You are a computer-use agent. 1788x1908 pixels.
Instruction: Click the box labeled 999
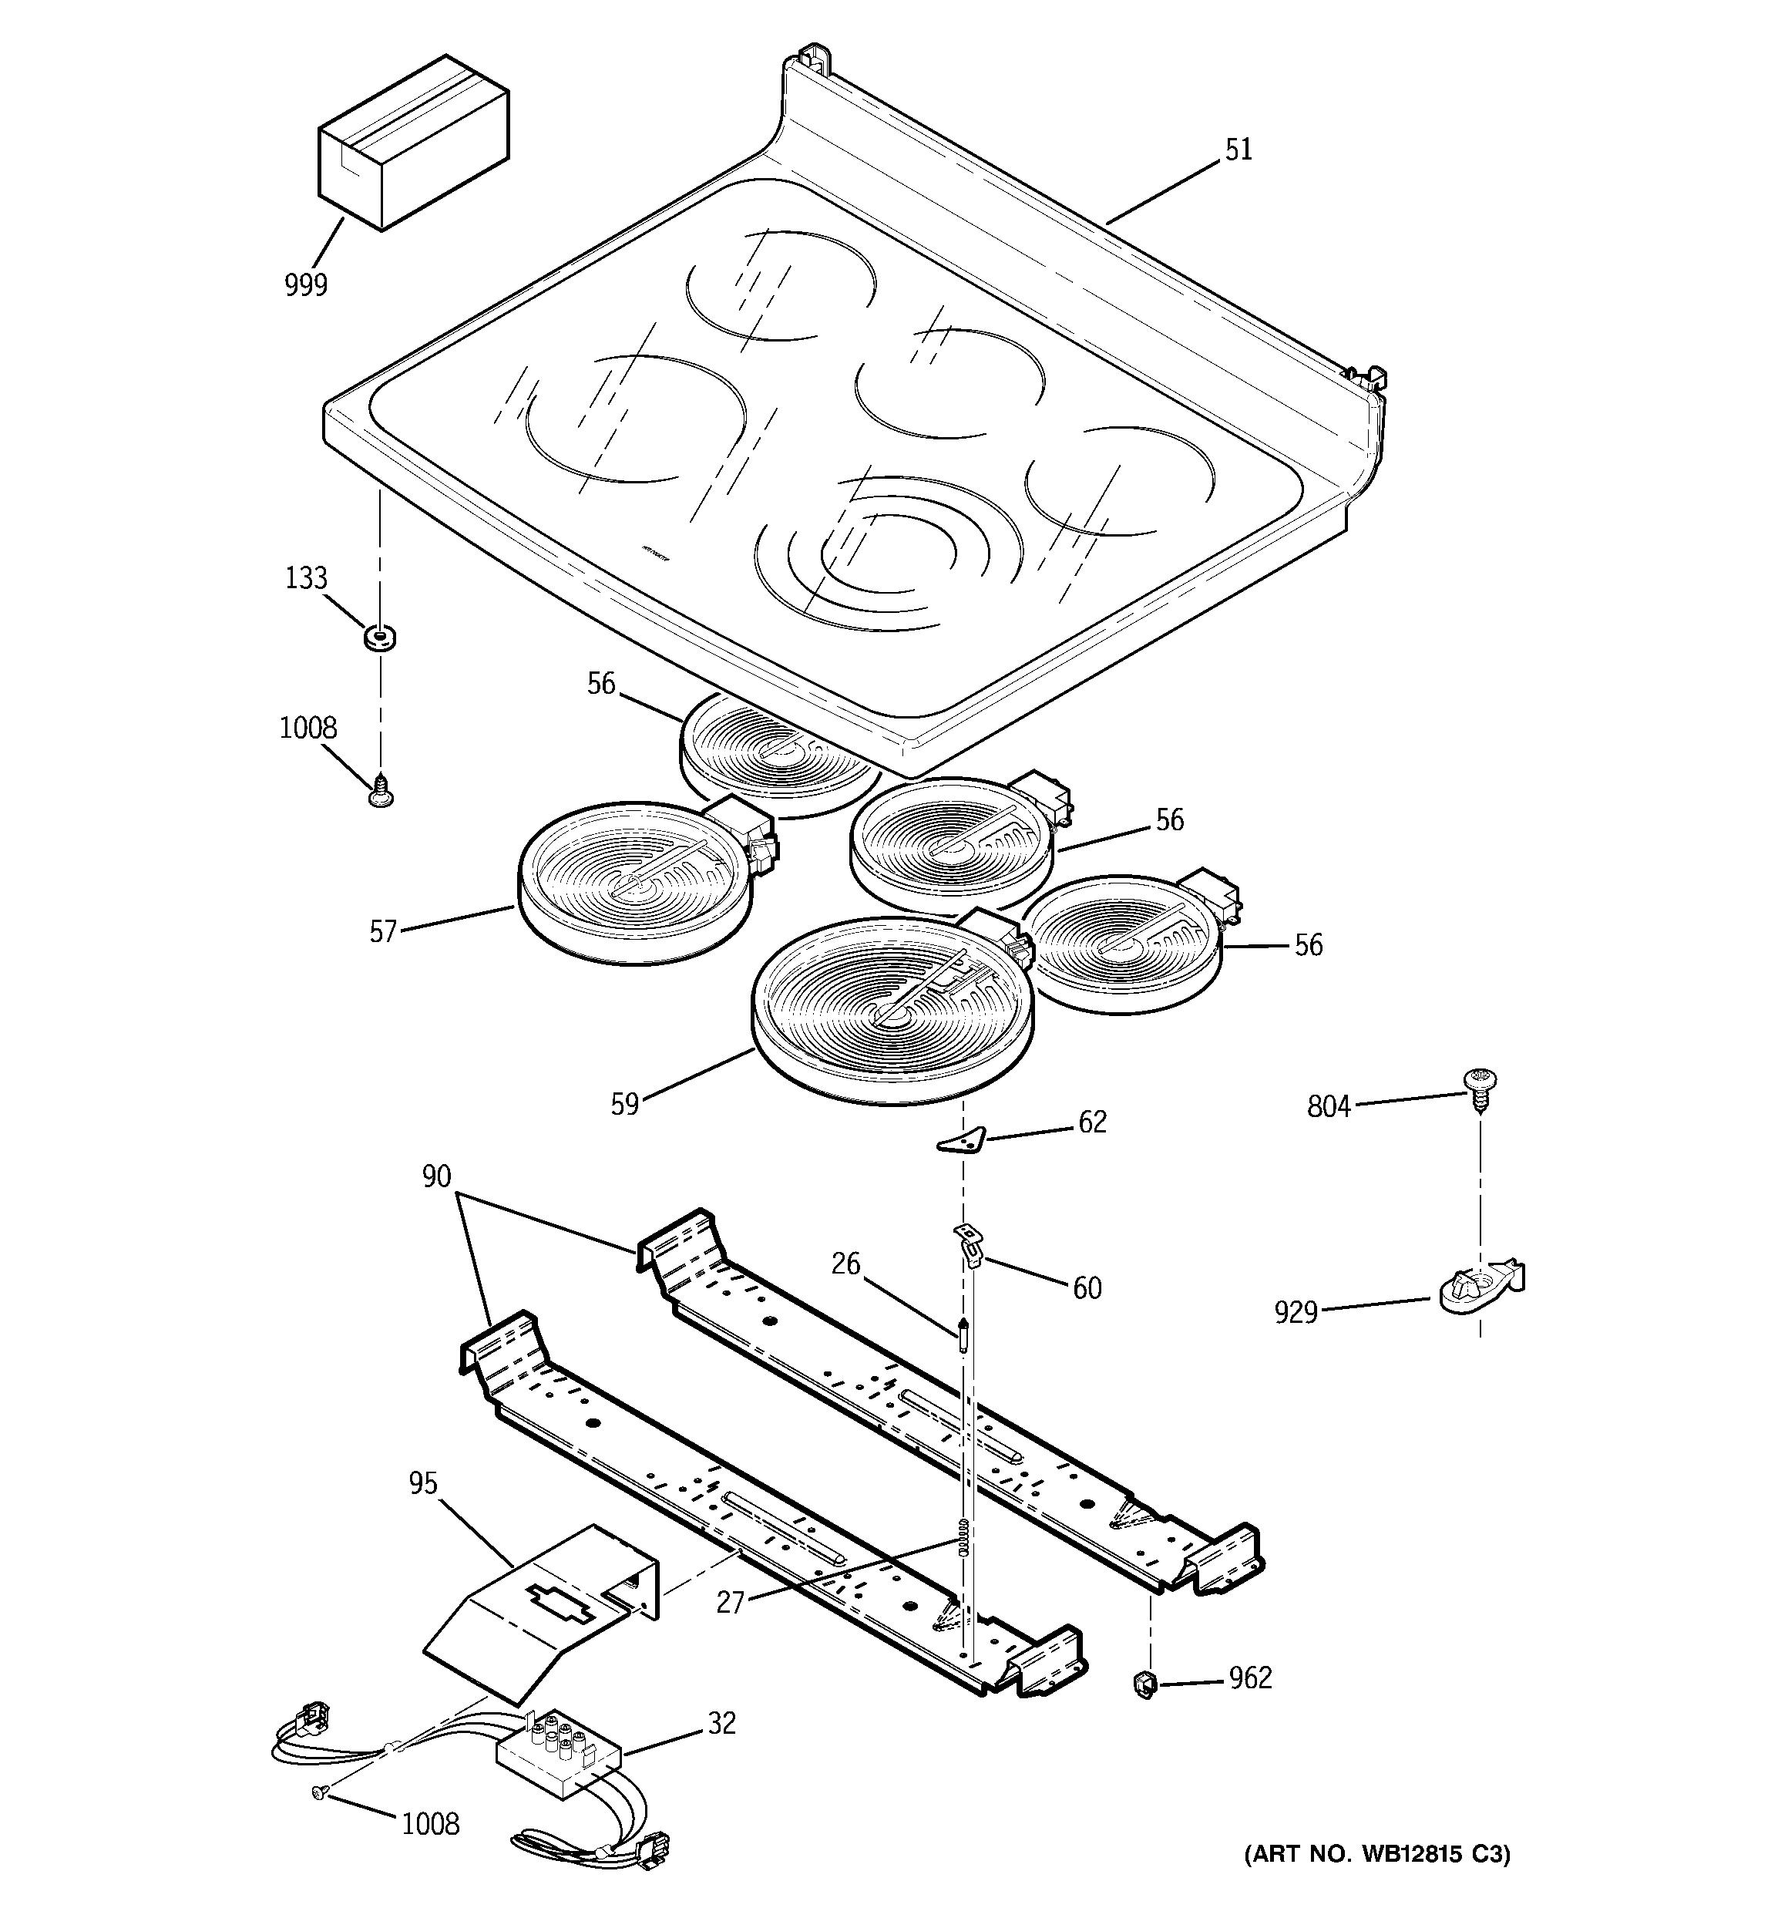(412, 144)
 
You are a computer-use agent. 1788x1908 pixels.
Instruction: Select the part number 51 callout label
(1238, 150)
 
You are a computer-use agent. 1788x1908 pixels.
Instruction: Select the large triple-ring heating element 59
(892, 1008)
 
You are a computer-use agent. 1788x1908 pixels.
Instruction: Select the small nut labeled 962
(1144, 1682)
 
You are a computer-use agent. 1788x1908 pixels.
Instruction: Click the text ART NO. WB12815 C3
(1376, 1854)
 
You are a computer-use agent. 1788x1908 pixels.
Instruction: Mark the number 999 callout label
(305, 285)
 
